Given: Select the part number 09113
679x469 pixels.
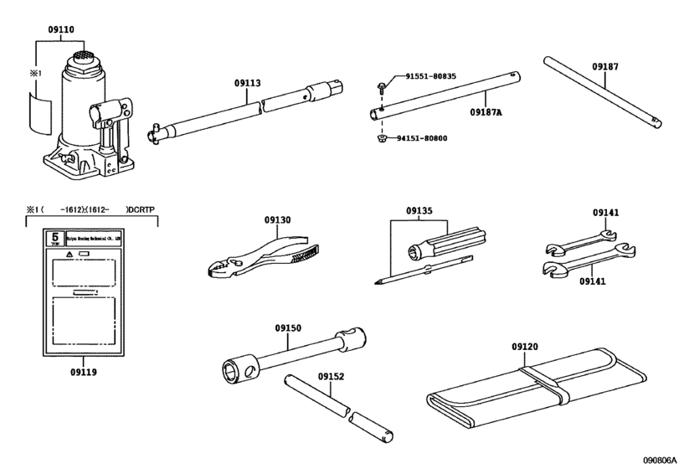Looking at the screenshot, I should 247,83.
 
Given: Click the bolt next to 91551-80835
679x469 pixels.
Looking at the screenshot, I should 381,84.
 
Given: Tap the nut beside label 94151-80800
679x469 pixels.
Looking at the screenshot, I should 381,137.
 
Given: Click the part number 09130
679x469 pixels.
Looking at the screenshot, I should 276,219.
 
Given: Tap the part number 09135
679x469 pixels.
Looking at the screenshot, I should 421,211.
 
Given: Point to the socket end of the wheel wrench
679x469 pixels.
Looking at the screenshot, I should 234,369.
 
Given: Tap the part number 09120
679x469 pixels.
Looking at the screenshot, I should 524,346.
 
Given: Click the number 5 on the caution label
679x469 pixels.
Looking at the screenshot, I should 55,237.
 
